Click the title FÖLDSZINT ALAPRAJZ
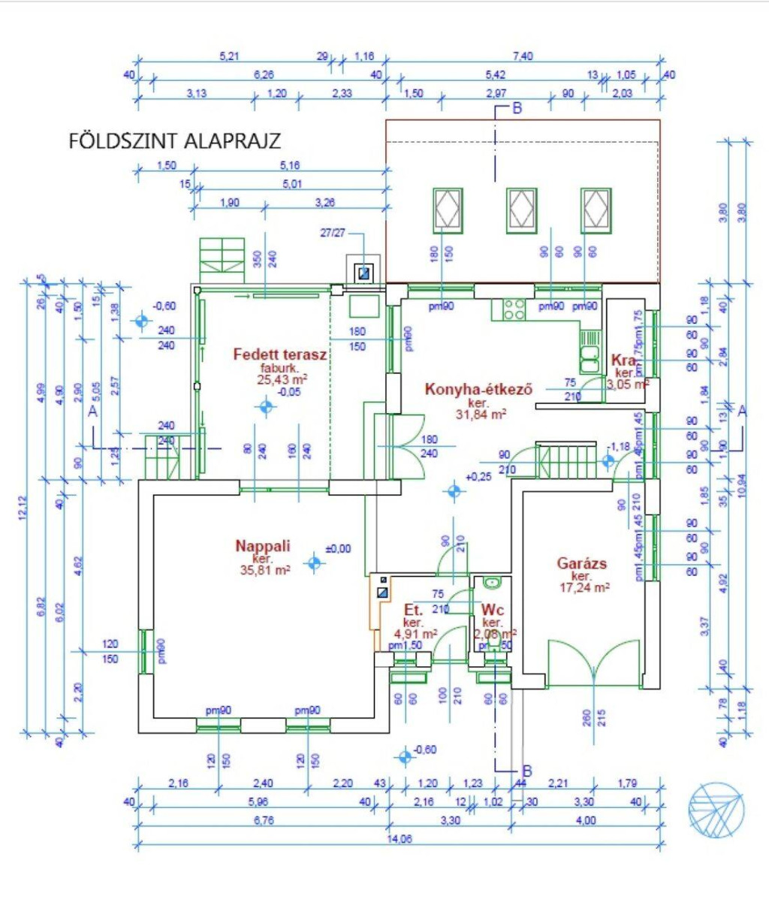point(175,141)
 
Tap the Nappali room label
point(262,546)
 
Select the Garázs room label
point(582,563)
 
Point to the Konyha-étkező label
point(478,389)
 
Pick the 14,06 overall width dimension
point(400,840)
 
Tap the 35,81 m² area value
point(265,571)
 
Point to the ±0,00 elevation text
point(338,549)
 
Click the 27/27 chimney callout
point(333,234)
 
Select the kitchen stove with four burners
point(514,309)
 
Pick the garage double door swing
point(593,661)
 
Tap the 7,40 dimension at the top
point(523,56)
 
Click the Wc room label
point(493,609)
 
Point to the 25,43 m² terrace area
point(278,381)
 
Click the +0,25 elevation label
point(478,477)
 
